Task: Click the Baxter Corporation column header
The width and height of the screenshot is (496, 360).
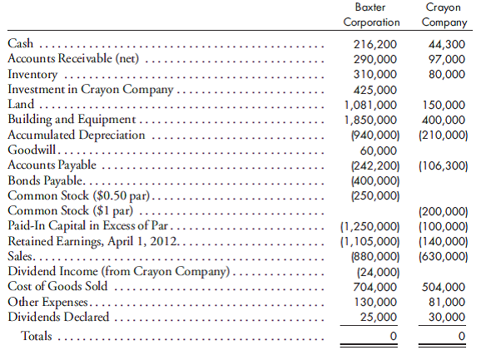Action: [x=371, y=14]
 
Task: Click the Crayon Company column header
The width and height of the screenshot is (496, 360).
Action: [x=445, y=14]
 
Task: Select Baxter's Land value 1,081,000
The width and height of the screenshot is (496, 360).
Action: [x=370, y=105]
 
